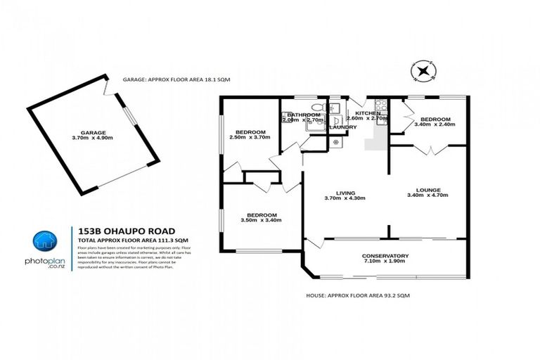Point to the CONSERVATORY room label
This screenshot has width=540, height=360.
(x=385, y=255)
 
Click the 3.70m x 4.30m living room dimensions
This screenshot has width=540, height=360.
(x=345, y=198)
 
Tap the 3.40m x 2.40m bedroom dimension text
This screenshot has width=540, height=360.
(x=436, y=124)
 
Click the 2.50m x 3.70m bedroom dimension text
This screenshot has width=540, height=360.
(x=250, y=137)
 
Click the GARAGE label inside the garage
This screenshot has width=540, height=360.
(x=93, y=131)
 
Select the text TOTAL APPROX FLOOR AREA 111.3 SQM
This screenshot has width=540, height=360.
(x=131, y=240)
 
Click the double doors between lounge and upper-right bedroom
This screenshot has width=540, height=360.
(x=428, y=149)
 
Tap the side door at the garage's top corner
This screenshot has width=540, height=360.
(x=105, y=90)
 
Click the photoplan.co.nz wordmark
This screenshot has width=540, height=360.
(x=46, y=264)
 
